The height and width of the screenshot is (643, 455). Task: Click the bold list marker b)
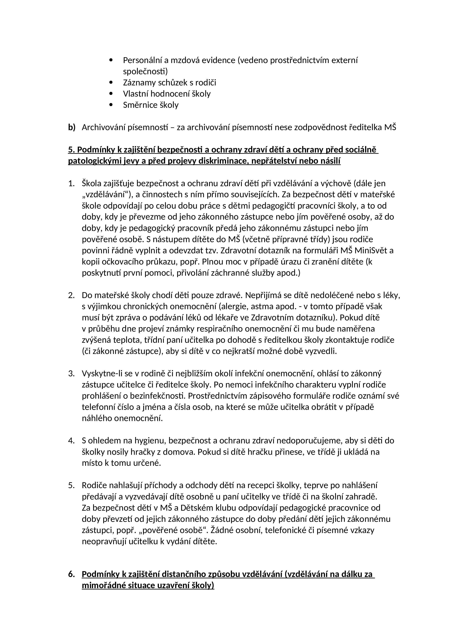[72, 127]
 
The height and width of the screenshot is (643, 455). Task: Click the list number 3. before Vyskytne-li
[71, 374]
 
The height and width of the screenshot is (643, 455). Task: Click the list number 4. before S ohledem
[71, 440]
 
